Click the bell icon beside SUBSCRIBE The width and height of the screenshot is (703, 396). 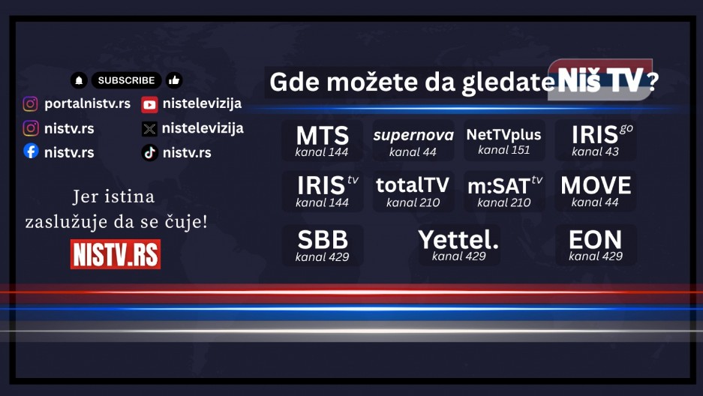[79, 80]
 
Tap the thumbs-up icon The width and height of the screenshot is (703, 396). [174, 80]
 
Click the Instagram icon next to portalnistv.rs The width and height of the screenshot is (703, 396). [31, 104]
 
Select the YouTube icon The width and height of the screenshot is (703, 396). [149, 104]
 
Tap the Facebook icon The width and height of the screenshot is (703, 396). [31, 151]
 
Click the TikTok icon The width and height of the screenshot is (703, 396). [149, 152]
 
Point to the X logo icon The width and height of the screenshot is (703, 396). [149, 128]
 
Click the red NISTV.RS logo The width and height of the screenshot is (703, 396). [116, 253]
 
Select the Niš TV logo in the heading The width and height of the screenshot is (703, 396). [599, 81]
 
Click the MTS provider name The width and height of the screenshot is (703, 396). [323, 136]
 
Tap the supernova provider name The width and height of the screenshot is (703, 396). [413, 136]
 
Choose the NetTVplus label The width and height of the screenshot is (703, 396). [503, 135]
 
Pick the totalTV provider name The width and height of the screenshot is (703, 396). [413, 184]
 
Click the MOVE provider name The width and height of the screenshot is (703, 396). [596, 184]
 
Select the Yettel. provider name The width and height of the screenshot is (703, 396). [458, 240]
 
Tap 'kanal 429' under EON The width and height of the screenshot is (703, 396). [596, 256]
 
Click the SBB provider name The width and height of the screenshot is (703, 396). [323, 240]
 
